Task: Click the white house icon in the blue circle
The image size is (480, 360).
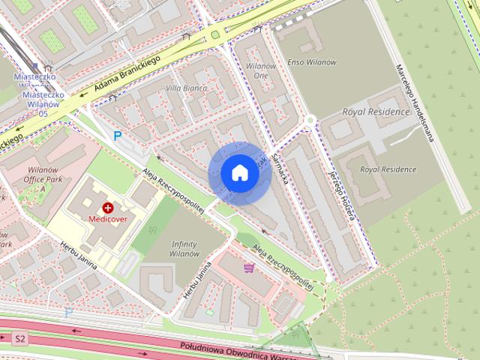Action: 238,172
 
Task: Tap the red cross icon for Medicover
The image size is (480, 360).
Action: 108,207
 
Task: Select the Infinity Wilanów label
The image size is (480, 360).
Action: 184,249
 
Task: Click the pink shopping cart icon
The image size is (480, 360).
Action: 249,267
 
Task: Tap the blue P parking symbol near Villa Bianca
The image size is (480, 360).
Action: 117,136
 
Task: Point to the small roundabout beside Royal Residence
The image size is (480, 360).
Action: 309,120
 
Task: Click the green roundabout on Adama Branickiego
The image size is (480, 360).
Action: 217,34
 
